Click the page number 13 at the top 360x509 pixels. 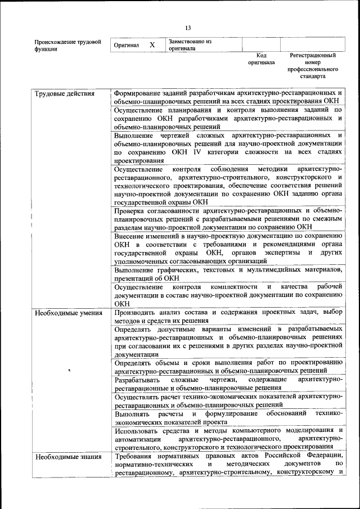coord(188,28)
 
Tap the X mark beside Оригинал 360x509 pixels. coord(152,44)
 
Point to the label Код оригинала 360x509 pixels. coord(261,59)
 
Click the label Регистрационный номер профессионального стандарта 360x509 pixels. coord(313,66)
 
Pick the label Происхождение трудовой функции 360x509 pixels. coord(67,45)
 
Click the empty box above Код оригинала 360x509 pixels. coord(261,44)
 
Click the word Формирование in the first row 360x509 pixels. coord(138,93)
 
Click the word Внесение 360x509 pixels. coord(129,236)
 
